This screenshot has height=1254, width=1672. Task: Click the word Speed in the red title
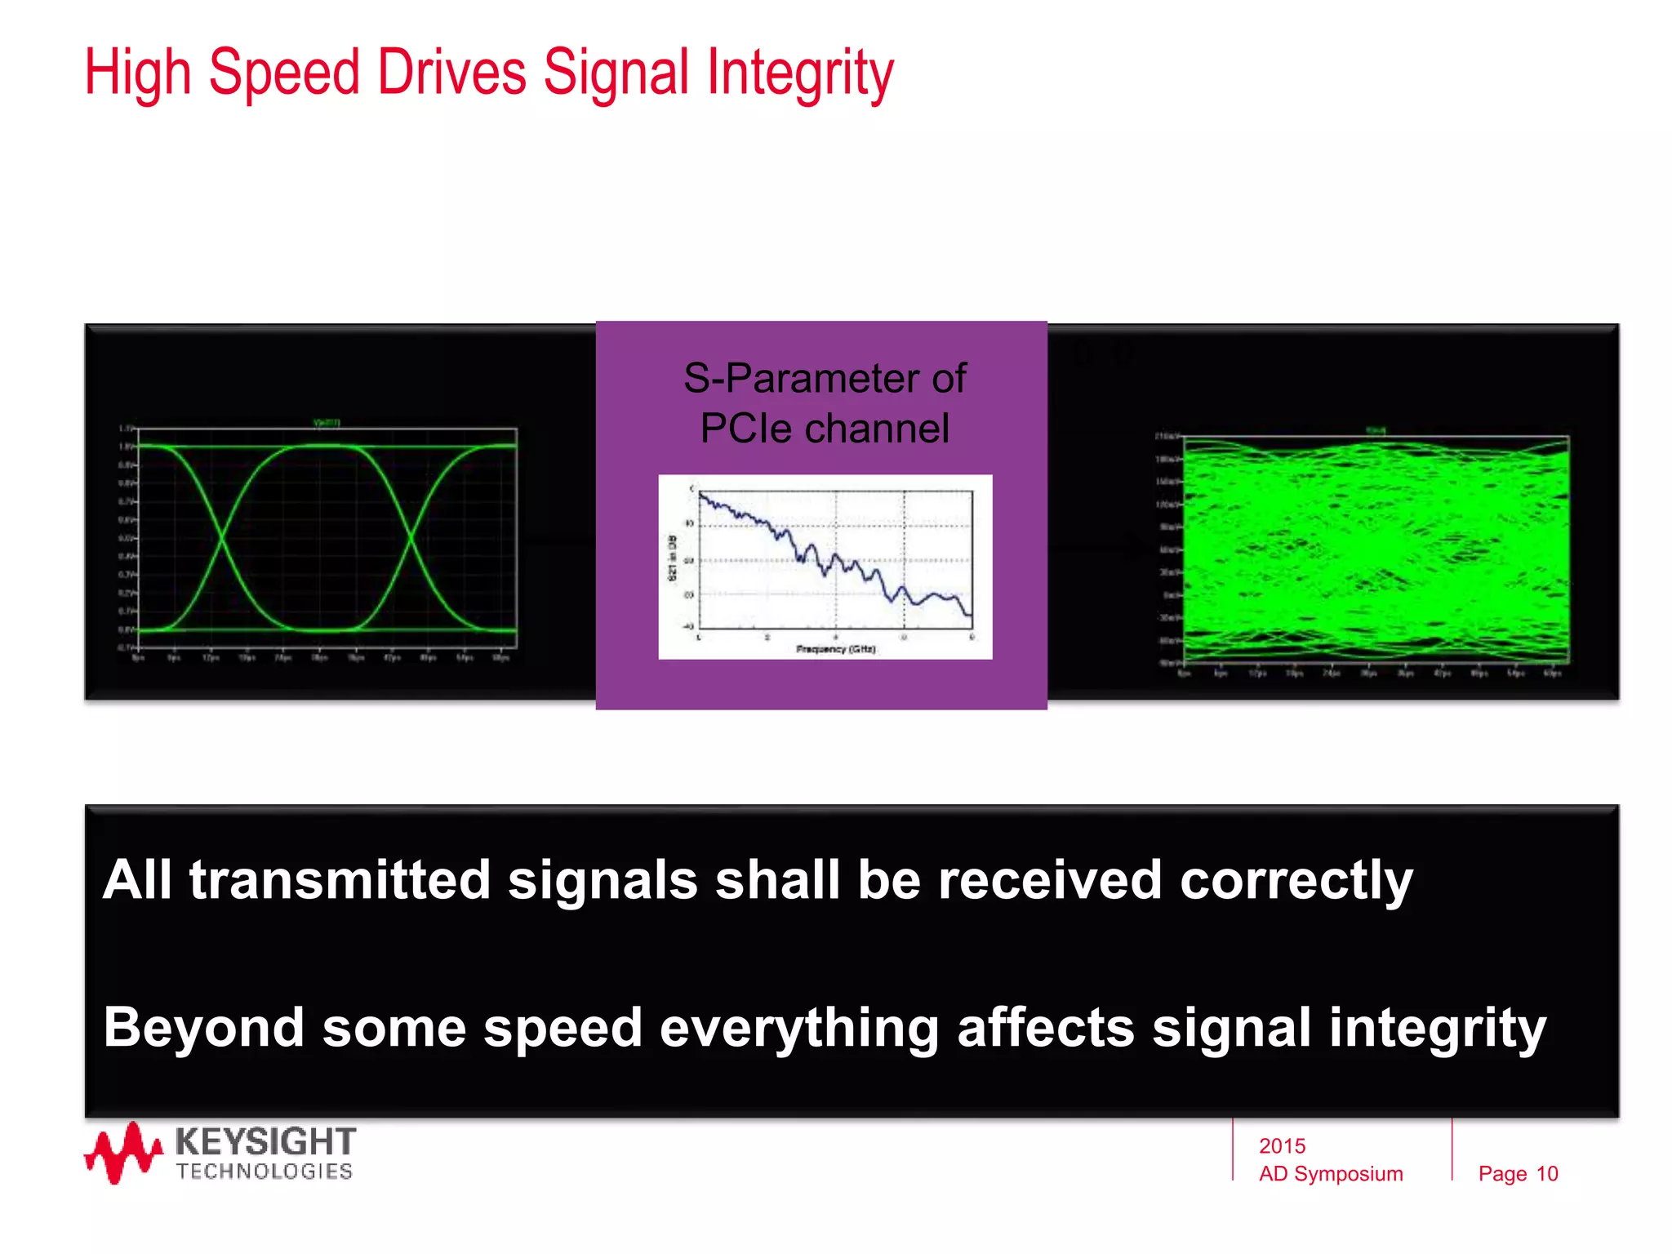pyautogui.click(x=284, y=73)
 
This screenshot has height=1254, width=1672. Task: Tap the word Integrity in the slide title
pyautogui.click(x=800, y=73)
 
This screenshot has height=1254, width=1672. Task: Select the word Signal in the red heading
pyautogui.click(x=616, y=73)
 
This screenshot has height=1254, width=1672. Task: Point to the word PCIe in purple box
pyautogui.click(x=744, y=429)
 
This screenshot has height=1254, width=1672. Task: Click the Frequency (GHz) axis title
pyautogui.click(x=835, y=649)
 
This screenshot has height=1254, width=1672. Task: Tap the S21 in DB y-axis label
pyautogui.click(x=673, y=558)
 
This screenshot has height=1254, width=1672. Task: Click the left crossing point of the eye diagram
pyautogui.click(x=221, y=538)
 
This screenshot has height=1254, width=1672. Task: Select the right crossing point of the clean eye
pyautogui.click(x=411, y=538)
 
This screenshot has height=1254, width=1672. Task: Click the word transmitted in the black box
pyautogui.click(x=339, y=880)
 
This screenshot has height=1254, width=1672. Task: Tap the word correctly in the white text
pyautogui.click(x=1296, y=880)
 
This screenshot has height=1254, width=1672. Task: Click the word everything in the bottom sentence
pyautogui.click(x=798, y=1027)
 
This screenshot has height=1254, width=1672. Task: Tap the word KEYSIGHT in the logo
pyautogui.click(x=265, y=1141)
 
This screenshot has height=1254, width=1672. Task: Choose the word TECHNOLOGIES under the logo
pyautogui.click(x=265, y=1172)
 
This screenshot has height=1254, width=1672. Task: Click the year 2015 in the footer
pyautogui.click(x=1282, y=1146)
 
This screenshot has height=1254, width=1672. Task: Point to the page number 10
pyautogui.click(x=1547, y=1174)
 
